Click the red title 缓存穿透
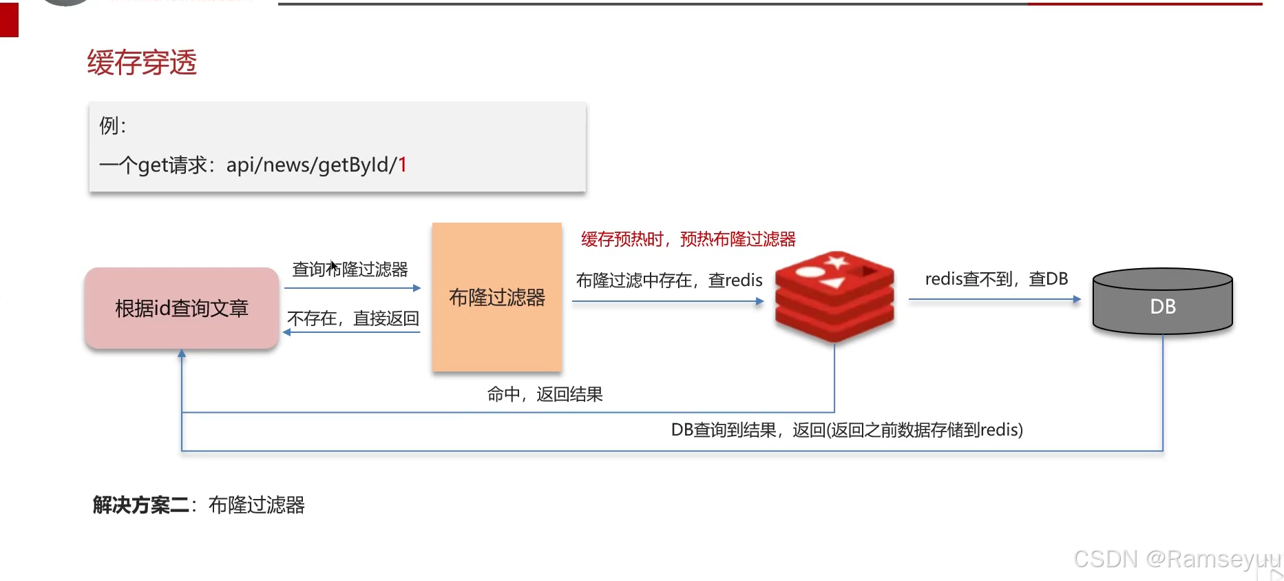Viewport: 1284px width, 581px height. (x=142, y=63)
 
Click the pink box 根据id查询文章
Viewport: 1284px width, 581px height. (x=182, y=308)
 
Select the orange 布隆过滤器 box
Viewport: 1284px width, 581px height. (x=496, y=297)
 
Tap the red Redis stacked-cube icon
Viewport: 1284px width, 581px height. (x=834, y=296)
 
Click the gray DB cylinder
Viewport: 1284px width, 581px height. (x=1163, y=303)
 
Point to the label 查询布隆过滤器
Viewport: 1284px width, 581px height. (x=350, y=269)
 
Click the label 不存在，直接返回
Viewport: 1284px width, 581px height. (x=353, y=318)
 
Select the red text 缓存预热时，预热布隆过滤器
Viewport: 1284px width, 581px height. (x=688, y=239)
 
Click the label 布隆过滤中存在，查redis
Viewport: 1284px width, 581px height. (x=669, y=281)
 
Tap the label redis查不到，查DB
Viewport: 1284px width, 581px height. (x=996, y=279)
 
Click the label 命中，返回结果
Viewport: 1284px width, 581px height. (x=545, y=394)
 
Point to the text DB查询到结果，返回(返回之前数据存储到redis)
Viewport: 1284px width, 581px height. (x=847, y=430)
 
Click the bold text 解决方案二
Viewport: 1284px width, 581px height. (x=141, y=505)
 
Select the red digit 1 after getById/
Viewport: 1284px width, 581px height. (x=403, y=165)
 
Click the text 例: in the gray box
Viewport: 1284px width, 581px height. (x=113, y=126)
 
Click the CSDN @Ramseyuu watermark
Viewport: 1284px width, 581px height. (x=1177, y=559)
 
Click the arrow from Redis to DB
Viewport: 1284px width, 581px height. (x=995, y=300)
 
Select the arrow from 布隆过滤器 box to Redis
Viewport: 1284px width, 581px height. (x=668, y=301)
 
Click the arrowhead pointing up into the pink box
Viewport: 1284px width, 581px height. (x=182, y=354)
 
